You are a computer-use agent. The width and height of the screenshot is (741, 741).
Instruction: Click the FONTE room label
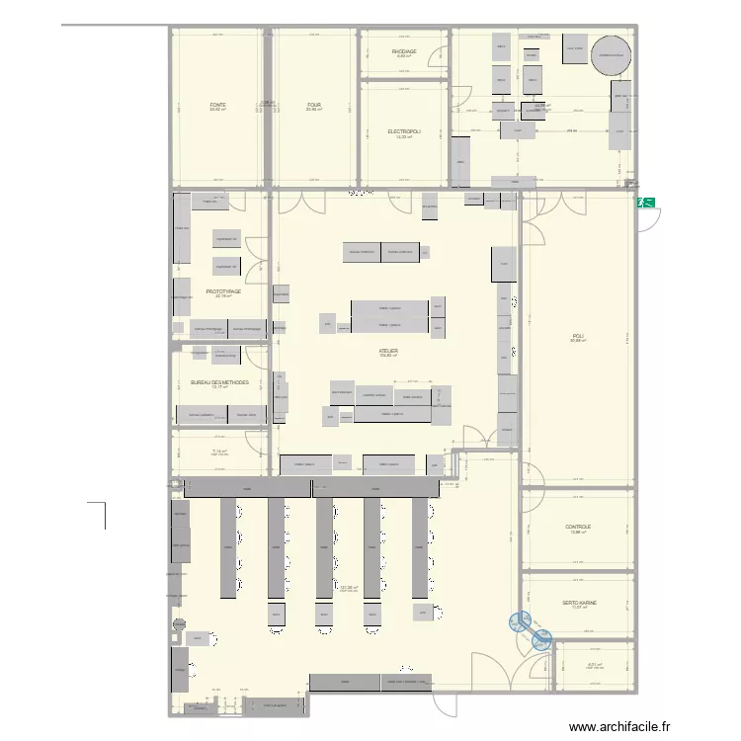point(217,105)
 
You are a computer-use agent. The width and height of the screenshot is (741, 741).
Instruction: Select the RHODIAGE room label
point(404,51)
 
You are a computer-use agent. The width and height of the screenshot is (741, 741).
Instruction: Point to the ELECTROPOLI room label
point(404,131)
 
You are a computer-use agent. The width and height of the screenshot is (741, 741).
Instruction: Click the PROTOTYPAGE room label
point(223,291)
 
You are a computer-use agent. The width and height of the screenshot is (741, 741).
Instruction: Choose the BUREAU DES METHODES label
point(219,381)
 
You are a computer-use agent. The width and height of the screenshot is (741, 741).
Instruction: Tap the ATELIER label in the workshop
point(388,350)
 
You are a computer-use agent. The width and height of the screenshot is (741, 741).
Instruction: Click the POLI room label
point(577,336)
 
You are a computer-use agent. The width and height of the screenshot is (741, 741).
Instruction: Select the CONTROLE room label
point(578,527)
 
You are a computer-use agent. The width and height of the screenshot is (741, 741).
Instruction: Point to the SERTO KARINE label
point(579,603)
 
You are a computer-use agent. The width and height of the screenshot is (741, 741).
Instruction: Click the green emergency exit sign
point(647,202)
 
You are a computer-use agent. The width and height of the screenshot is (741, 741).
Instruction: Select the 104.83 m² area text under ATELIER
point(388,356)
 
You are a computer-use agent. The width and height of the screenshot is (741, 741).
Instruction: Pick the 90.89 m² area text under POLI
point(577,342)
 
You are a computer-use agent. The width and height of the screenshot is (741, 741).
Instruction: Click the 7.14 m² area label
point(219,452)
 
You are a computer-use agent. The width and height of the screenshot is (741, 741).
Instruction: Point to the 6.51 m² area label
point(595,665)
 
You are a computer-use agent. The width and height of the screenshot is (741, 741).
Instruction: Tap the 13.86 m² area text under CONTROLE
point(578,533)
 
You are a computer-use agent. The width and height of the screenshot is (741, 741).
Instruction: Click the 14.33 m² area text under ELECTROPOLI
point(404,137)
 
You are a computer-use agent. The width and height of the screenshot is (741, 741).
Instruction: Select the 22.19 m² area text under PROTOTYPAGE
point(223,297)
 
